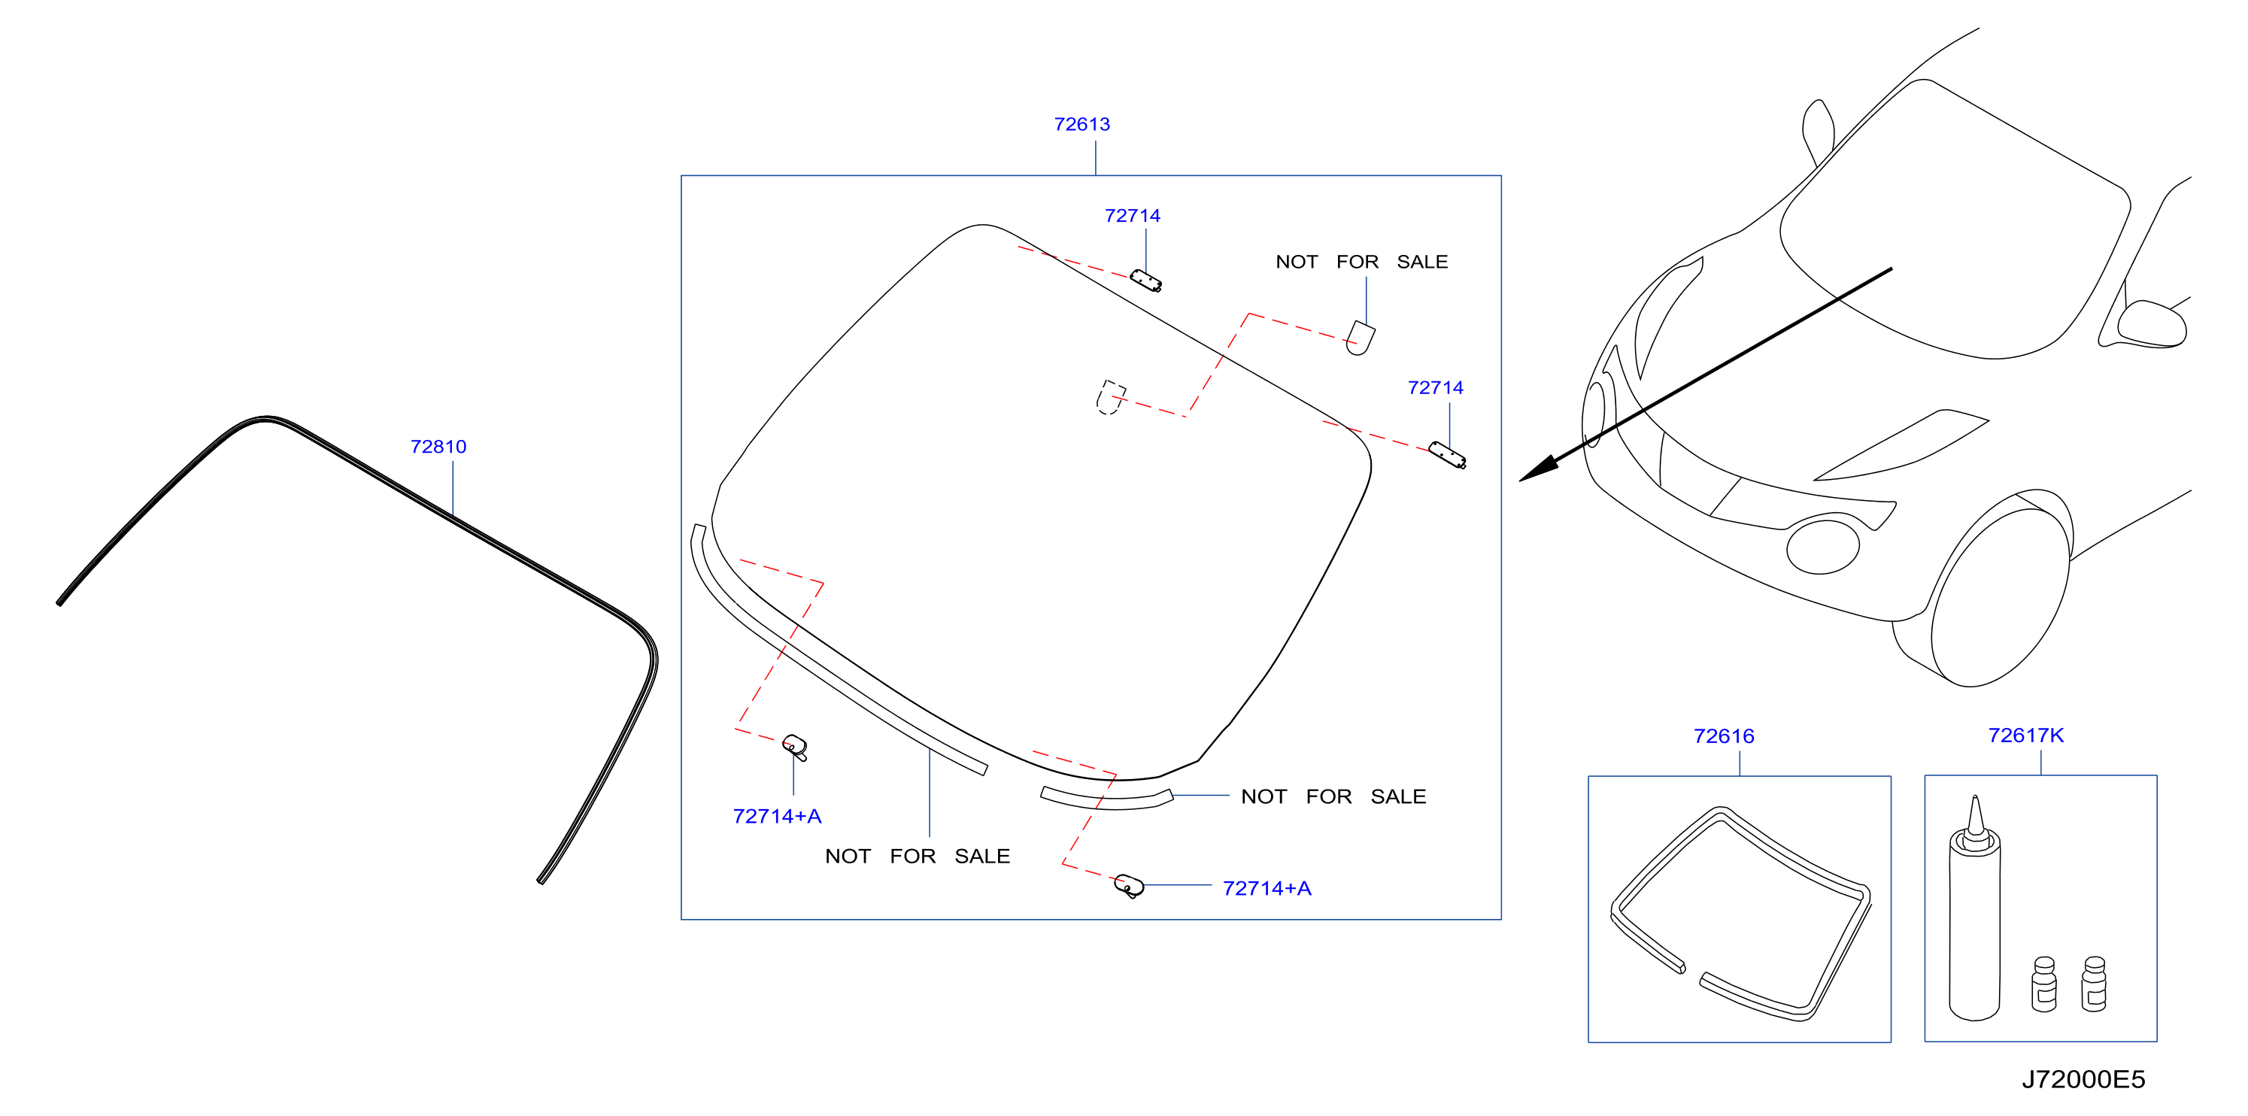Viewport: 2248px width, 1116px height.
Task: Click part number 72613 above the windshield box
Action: [x=1082, y=124]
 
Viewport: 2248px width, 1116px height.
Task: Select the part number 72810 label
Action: [x=438, y=446]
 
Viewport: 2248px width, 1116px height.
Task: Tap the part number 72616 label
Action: [x=1724, y=735]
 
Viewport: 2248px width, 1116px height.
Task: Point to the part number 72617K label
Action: [x=2025, y=735]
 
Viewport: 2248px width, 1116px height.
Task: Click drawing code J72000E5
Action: [x=2083, y=1079]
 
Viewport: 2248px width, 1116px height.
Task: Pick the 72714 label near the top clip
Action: [x=1132, y=216]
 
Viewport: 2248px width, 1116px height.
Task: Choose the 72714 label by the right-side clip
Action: [x=1435, y=387]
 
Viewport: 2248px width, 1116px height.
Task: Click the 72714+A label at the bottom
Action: [x=1267, y=888]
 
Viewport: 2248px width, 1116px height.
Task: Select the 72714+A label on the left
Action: [x=777, y=816]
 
